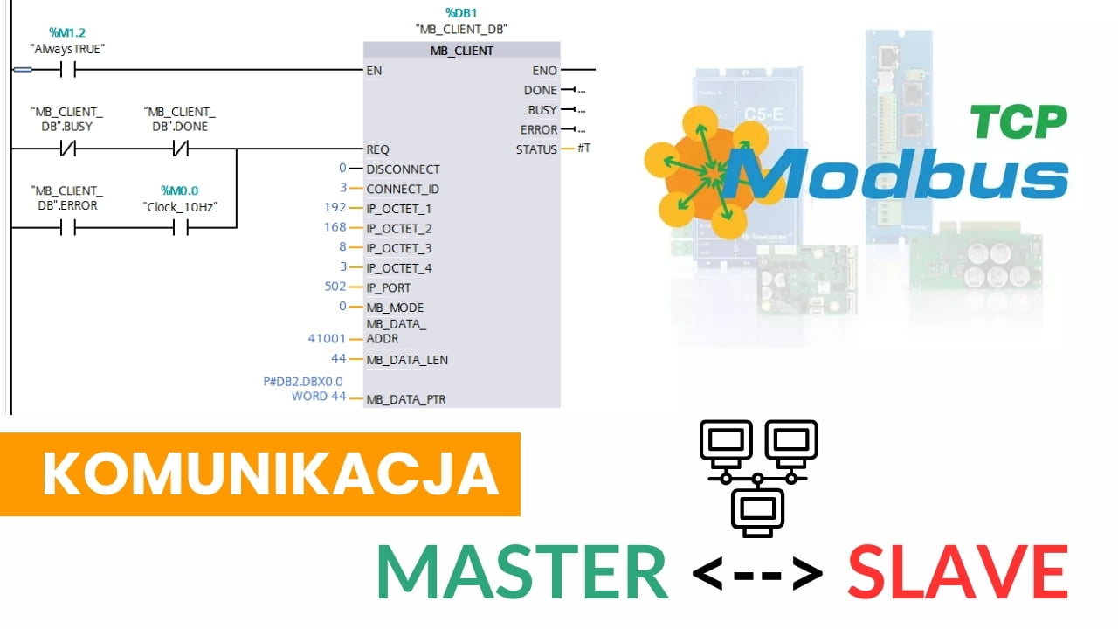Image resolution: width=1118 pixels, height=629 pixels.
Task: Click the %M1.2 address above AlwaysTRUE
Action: (x=67, y=33)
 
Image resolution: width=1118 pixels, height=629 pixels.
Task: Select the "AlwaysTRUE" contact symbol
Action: (x=67, y=70)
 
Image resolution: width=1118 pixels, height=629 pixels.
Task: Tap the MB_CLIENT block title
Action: (x=461, y=51)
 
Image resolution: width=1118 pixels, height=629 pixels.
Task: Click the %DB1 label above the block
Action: (x=461, y=13)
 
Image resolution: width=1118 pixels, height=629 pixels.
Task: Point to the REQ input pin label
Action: (x=378, y=149)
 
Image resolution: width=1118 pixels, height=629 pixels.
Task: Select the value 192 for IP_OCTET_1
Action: (x=335, y=209)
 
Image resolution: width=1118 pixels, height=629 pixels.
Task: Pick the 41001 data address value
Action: (x=327, y=339)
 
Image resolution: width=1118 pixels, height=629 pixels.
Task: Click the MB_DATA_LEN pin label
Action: (x=407, y=360)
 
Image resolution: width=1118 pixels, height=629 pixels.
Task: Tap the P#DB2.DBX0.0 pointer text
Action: (x=303, y=382)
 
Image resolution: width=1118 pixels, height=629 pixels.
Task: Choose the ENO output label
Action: (x=544, y=70)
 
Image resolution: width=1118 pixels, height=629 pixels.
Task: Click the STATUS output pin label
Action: (x=536, y=149)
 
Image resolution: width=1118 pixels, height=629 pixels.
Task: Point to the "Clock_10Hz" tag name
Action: (x=180, y=206)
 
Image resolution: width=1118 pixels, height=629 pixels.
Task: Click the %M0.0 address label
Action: (x=180, y=190)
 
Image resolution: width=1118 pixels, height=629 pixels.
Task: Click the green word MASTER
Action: (x=522, y=572)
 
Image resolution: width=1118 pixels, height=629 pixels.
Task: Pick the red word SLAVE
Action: (x=957, y=572)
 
